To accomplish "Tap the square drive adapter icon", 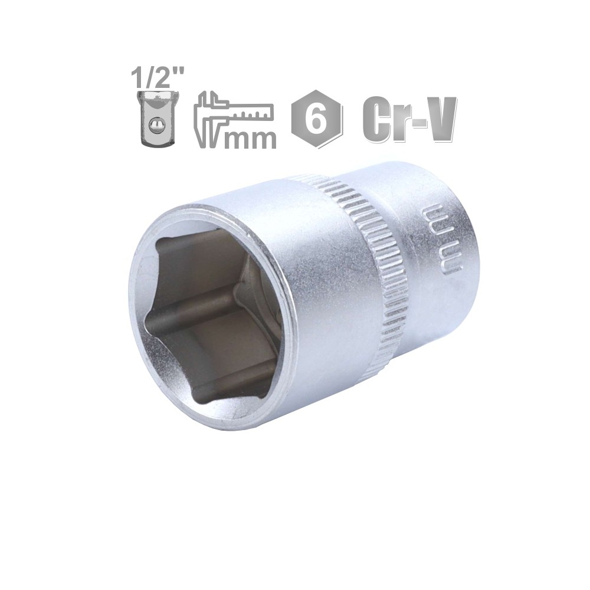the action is (158, 118).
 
